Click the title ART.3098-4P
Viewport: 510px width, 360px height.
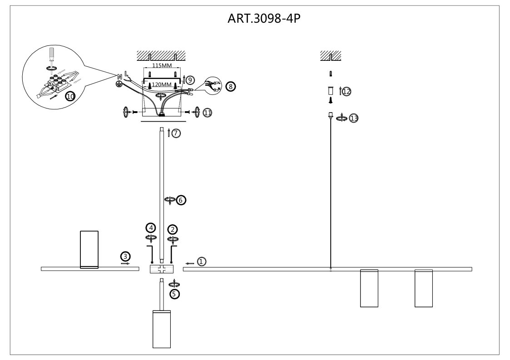click(264, 19)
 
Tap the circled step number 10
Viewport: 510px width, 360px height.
click(70, 96)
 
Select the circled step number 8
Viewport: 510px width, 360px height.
click(231, 87)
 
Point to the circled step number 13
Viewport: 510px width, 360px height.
click(354, 118)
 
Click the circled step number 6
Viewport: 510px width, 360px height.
click(181, 200)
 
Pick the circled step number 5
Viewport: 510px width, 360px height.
click(175, 294)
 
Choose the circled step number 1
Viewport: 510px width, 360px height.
click(202, 261)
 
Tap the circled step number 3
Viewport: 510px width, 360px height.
click(125, 256)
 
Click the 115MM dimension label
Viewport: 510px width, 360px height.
click(162, 65)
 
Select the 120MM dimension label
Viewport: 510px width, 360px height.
click(162, 84)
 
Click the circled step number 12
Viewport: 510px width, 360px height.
click(347, 91)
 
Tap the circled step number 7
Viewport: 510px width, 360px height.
click(176, 133)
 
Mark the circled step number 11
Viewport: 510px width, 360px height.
click(208, 113)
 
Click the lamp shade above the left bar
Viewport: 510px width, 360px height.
click(89, 250)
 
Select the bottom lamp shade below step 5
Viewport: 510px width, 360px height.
click(162, 329)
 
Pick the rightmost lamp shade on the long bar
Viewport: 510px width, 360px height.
click(423, 288)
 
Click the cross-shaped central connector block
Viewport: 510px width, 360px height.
click(162, 269)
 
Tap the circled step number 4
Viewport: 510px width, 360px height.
click(150, 227)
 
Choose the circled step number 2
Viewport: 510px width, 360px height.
click(173, 229)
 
